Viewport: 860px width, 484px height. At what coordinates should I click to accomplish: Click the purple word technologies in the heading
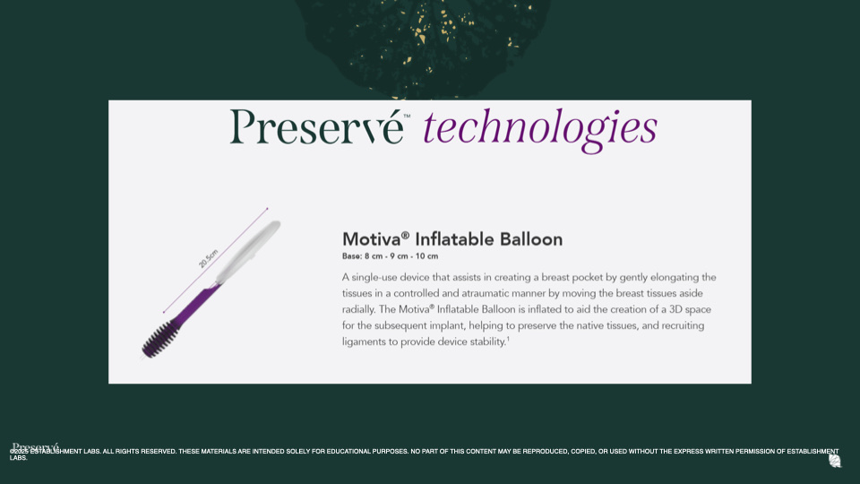pos(540,128)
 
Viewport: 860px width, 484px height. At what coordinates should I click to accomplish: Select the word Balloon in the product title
pos(532,239)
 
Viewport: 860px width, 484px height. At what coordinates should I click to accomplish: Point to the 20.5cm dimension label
pos(209,258)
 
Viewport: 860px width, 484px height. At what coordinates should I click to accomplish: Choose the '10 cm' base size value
pos(427,256)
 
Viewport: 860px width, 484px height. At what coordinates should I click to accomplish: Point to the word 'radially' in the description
pos(361,309)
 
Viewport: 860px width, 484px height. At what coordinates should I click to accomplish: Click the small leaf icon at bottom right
pos(835,461)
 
